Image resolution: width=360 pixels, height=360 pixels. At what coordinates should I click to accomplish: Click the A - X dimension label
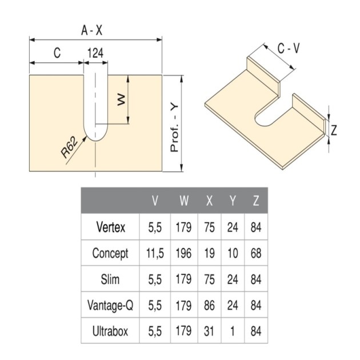92,30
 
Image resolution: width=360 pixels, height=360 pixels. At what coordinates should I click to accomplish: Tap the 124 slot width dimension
95,53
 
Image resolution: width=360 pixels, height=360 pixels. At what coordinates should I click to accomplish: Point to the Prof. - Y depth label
174,128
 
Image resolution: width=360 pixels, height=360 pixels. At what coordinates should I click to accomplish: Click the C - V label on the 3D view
289,49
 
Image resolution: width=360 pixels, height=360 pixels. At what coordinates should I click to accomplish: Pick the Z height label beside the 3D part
334,130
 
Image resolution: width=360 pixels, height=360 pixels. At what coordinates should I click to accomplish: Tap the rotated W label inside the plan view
121,99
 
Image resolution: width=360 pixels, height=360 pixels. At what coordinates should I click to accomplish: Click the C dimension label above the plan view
57,53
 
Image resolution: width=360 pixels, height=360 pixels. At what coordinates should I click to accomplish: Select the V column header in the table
155,201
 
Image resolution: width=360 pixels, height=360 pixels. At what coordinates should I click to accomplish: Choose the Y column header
233,201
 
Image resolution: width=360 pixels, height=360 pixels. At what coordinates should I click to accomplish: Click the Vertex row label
111,227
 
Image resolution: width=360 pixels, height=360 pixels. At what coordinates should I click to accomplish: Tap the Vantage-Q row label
110,305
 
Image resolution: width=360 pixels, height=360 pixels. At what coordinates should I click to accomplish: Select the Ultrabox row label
110,331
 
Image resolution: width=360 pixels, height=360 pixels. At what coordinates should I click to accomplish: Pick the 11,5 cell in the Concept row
155,254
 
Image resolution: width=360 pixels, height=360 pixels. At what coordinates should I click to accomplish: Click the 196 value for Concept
183,254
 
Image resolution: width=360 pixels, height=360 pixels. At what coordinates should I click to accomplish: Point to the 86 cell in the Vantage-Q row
209,305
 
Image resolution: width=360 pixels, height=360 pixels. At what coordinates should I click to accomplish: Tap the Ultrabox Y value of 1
233,331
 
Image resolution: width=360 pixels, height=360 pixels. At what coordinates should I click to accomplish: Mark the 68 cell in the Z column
256,254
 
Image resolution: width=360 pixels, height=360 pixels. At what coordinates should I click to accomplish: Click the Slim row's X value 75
209,279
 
